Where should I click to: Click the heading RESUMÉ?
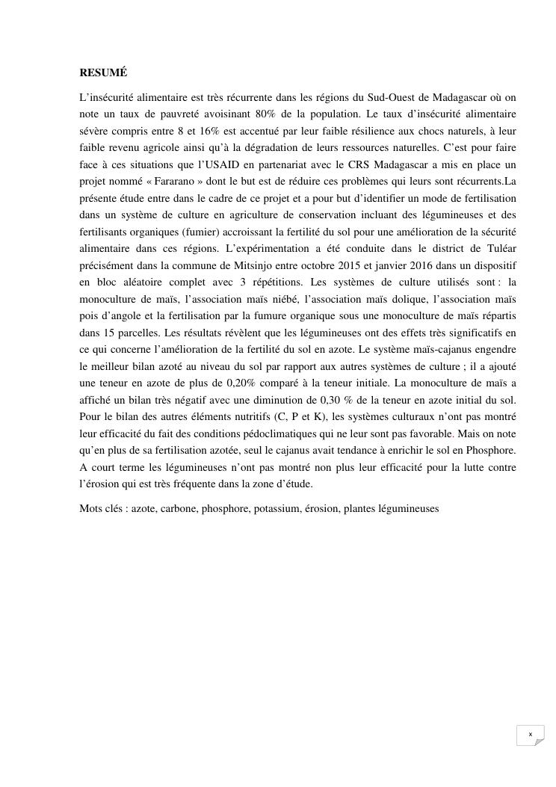[x=103, y=73]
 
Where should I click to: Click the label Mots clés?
[x=101, y=509]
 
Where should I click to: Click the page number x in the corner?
[x=530, y=735]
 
